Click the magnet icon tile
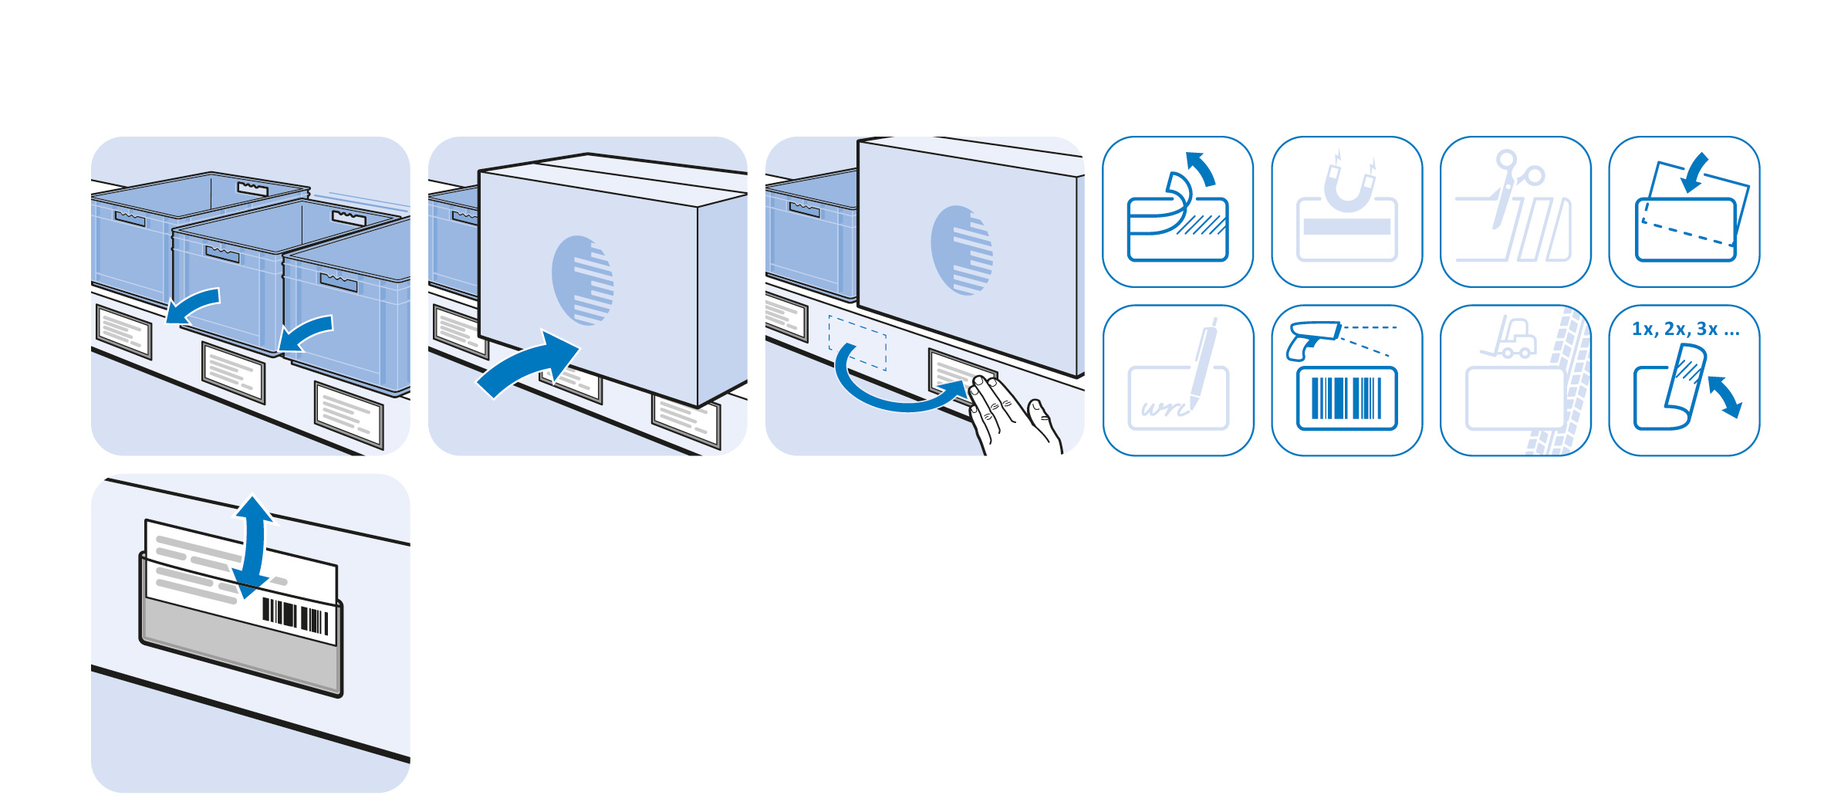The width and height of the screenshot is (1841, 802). pos(1346,211)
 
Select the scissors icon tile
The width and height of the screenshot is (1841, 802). pos(1515,211)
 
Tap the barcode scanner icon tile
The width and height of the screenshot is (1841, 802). pos(1346,381)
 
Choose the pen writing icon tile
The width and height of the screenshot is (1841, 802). pos(1178,381)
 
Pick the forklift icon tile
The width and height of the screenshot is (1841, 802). pos(1515,381)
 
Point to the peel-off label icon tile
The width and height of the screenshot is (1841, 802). pos(1178,211)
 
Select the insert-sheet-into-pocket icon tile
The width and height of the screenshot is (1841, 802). pos(1684,211)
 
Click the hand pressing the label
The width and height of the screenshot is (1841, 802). pos(1014,415)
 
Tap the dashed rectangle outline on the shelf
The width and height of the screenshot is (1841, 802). pos(857,342)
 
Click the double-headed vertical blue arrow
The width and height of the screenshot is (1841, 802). pos(252,547)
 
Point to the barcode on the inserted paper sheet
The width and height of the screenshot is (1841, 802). pos(296,617)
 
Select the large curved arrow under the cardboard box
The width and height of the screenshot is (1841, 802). pos(528,364)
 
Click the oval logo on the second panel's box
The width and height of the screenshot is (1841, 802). pos(583,279)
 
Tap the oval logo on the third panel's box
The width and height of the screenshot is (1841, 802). pos(961,250)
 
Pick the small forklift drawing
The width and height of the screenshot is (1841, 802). pos(1508,337)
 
